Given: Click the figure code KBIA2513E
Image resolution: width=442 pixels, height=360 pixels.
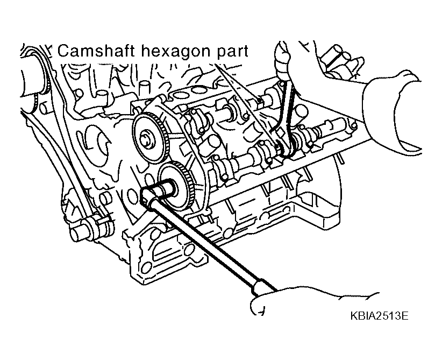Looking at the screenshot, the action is click(x=379, y=316).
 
